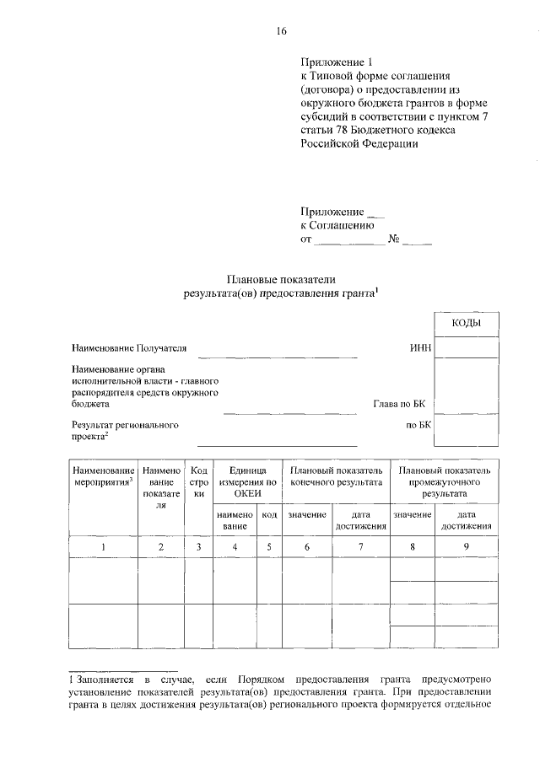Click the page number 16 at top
pyautogui.click(x=282, y=32)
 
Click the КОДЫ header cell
pyautogui.click(x=466, y=323)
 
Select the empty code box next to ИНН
pyautogui.click(x=466, y=347)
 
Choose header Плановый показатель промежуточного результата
pyautogui.click(x=444, y=481)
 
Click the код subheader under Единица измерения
pyautogui.click(x=269, y=514)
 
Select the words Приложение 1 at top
pyautogui.click(x=336, y=62)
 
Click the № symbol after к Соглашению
pyautogui.click(x=393, y=239)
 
